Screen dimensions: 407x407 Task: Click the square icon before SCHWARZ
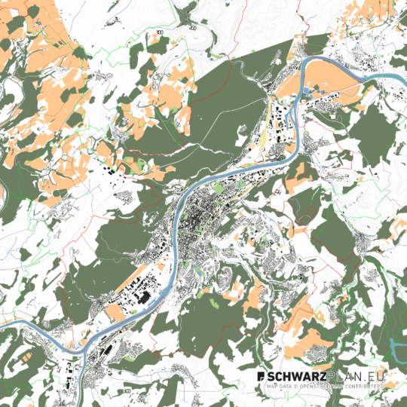tap(261, 375)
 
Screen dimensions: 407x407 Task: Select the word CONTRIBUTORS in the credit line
tap(363, 385)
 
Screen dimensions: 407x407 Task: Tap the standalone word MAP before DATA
tap(270, 385)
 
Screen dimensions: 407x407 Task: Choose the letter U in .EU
tap(384, 375)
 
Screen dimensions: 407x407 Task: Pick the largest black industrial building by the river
tap(143, 298)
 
